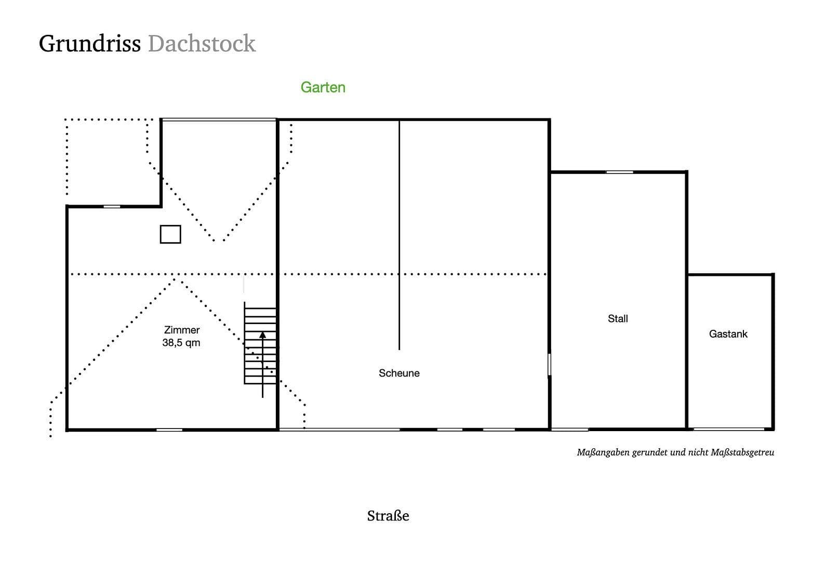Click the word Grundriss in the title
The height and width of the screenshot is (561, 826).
point(89,44)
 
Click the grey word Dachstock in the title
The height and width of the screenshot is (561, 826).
point(202,44)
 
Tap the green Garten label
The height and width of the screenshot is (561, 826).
point(323,87)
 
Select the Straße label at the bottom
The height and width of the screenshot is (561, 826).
point(388,516)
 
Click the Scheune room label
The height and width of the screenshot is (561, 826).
point(398,373)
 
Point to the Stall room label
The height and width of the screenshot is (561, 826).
point(618,318)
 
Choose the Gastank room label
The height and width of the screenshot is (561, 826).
point(728,334)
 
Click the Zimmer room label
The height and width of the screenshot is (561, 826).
point(181,330)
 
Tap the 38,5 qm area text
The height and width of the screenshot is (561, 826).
point(181,343)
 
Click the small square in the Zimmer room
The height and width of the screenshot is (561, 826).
point(170,234)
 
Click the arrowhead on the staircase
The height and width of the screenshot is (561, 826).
point(262,336)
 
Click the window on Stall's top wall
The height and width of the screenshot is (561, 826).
point(619,172)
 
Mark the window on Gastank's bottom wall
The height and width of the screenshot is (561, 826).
point(728,429)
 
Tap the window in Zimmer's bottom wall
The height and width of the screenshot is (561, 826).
point(169,430)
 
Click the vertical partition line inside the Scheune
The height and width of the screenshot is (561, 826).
point(399,234)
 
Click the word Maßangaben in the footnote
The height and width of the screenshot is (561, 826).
point(603,452)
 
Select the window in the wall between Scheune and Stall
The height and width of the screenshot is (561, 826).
point(549,365)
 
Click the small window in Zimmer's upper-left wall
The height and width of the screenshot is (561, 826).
point(112,206)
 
